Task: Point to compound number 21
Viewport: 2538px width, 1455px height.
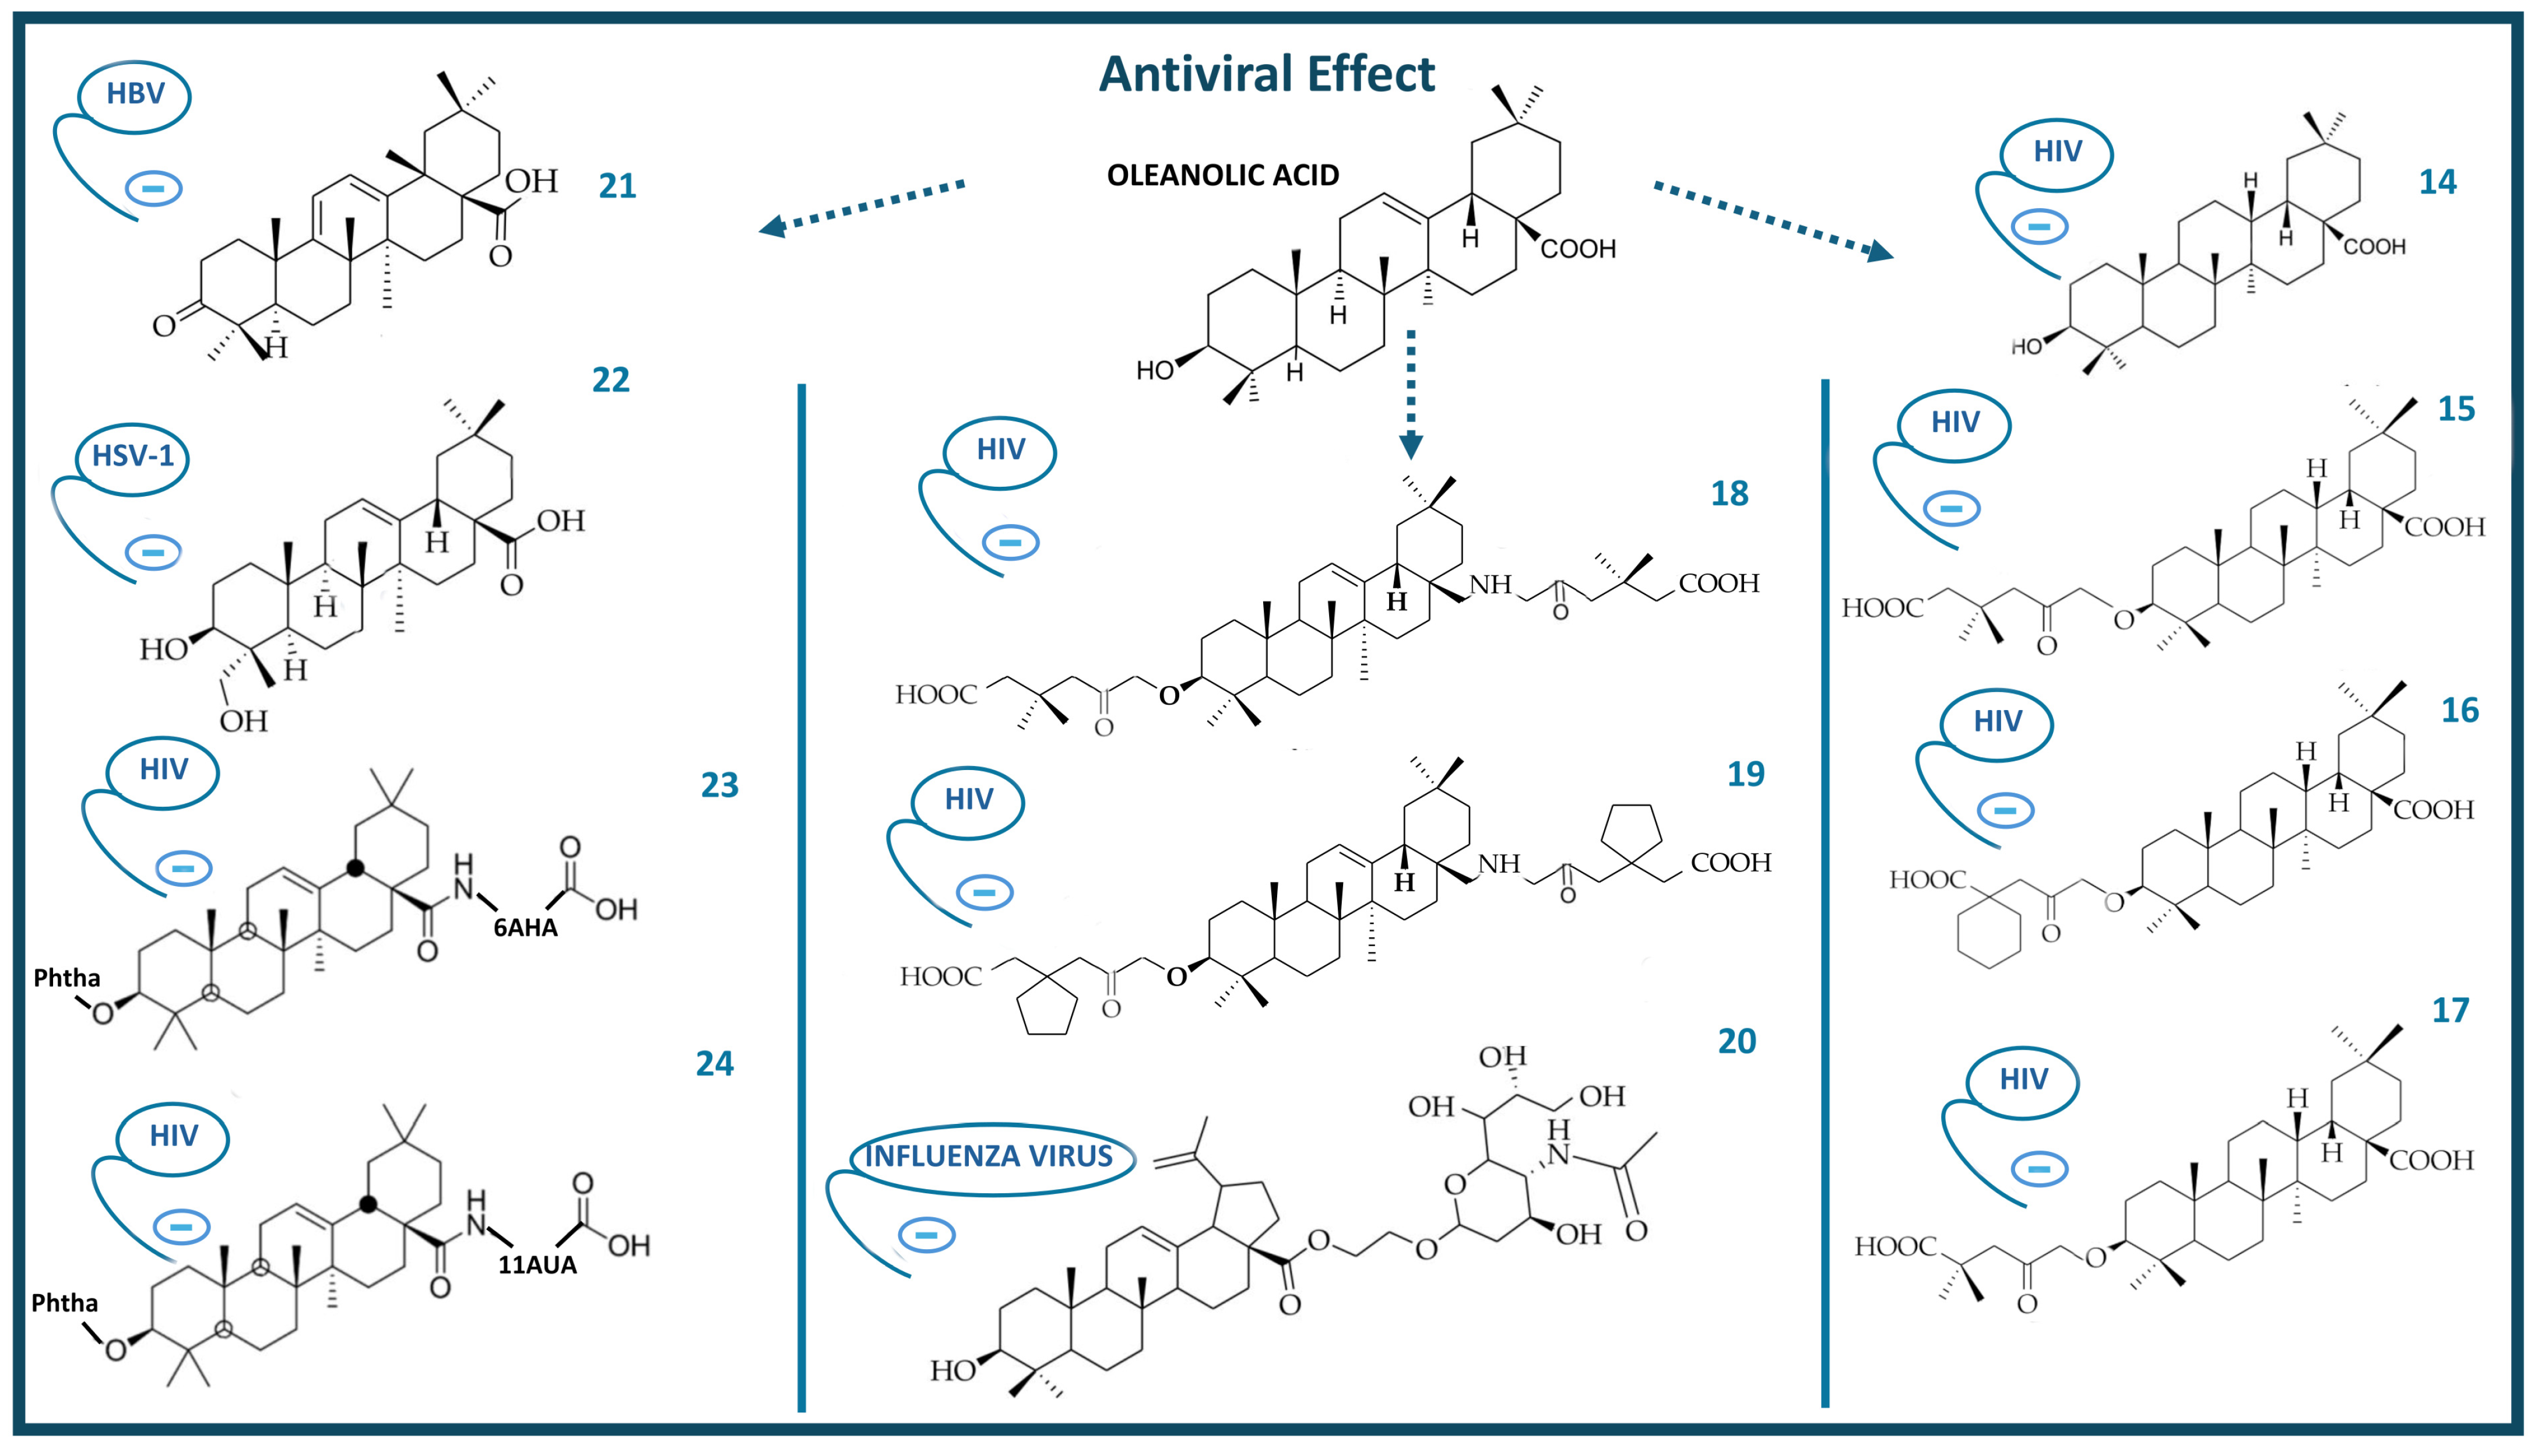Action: (617, 186)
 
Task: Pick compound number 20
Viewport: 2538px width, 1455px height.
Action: (1736, 1041)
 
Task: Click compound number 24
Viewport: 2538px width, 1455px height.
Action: (715, 1063)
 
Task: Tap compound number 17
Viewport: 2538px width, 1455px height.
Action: (2450, 1010)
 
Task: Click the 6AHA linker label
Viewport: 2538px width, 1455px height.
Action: (526, 927)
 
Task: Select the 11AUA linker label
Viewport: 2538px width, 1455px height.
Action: (537, 1265)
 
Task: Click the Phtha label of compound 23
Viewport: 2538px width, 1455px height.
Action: (67, 978)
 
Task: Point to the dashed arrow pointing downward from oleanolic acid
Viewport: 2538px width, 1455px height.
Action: (1410, 395)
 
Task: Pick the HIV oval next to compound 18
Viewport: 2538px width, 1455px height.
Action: (1000, 449)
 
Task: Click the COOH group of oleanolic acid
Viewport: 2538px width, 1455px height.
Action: (1578, 249)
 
